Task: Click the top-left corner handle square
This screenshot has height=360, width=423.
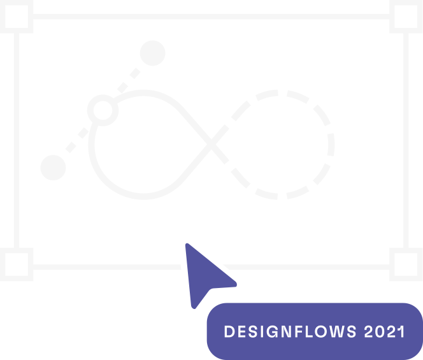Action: [x=17, y=17]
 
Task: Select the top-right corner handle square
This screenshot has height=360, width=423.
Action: [x=406, y=17]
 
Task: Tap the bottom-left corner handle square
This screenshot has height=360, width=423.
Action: [x=17, y=264]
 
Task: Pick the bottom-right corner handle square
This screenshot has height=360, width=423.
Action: [x=406, y=264]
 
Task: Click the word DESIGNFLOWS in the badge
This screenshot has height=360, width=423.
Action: [x=290, y=331]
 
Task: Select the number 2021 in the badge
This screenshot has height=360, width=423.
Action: [x=384, y=331]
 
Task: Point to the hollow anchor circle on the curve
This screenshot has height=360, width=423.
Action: [x=103, y=110]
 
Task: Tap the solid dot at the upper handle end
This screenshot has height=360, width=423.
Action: [x=153, y=53]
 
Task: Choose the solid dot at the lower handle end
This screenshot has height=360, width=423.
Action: [x=53, y=168]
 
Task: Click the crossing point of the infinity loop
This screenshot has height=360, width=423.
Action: [x=211, y=145]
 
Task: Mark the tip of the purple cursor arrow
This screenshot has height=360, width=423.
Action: [x=187, y=243]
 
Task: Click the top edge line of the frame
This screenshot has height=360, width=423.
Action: [x=211, y=17]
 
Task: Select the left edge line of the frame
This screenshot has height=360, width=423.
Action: [x=17, y=140]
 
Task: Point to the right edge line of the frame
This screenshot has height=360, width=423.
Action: [x=406, y=140]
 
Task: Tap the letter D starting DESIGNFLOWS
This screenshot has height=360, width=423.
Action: [x=229, y=331]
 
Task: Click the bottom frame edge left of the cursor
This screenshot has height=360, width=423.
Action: [x=107, y=267]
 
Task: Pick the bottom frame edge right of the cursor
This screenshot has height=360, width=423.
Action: [x=306, y=267]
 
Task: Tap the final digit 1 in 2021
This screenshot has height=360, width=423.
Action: [x=401, y=331]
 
